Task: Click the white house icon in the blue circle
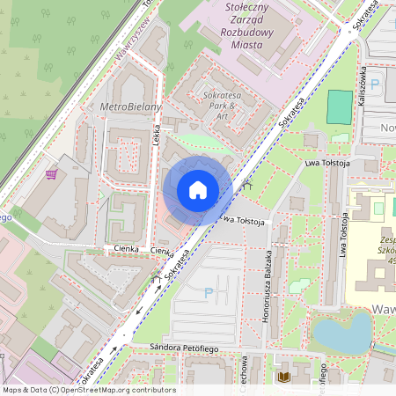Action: pyautogui.click(x=197, y=190)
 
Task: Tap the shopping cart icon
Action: pyautogui.click(x=52, y=173)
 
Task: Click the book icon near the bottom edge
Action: pyautogui.click(x=282, y=378)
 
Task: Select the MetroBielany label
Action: pyautogui.click(x=131, y=106)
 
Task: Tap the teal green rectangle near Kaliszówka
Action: pyautogui.click(x=339, y=106)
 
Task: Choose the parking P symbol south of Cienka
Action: pyautogui.click(x=209, y=292)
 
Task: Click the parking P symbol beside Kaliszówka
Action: pyautogui.click(x=376, y=85)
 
